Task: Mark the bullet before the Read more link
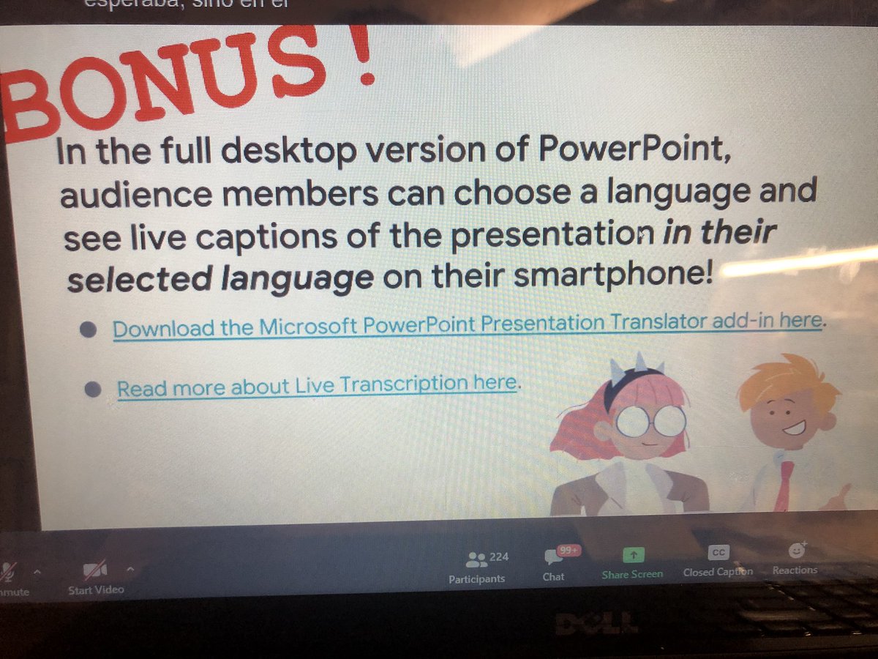click(91, 390)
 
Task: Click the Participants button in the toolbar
click(476, 567)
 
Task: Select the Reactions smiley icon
click(797, 551)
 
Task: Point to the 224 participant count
click(499, 557)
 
